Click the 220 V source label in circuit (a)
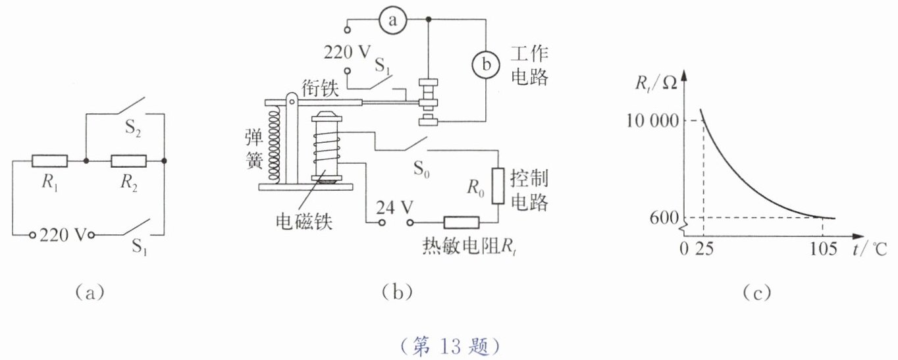pyautogui.click(x=63, y=235)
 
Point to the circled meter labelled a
pyautogui.click(x=393, y=22)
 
